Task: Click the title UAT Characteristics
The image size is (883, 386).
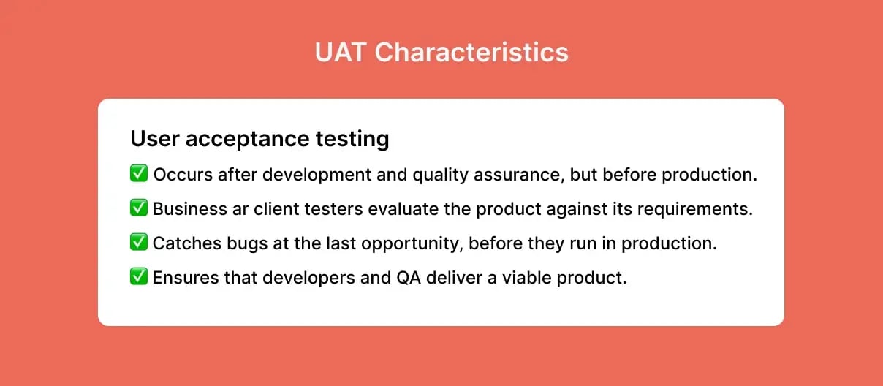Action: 441,53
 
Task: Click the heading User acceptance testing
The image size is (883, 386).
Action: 259,138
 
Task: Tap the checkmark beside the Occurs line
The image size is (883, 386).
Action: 139,174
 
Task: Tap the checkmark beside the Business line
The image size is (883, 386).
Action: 139,208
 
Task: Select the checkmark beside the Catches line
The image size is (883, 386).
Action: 139,243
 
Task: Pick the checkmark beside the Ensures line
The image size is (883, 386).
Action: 139,277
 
